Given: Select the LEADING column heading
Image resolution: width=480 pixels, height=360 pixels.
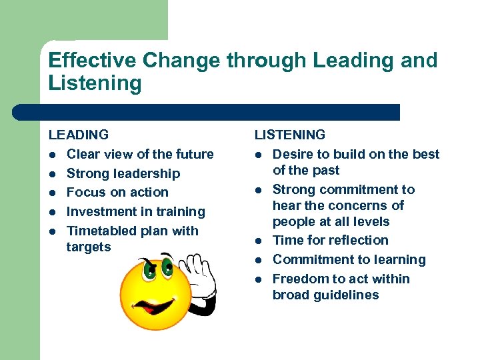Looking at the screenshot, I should (79, 135).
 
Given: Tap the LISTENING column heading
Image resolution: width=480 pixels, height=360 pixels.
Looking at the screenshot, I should (290, 135).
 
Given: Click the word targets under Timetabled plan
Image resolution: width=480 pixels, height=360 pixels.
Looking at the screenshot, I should (89, 247).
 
